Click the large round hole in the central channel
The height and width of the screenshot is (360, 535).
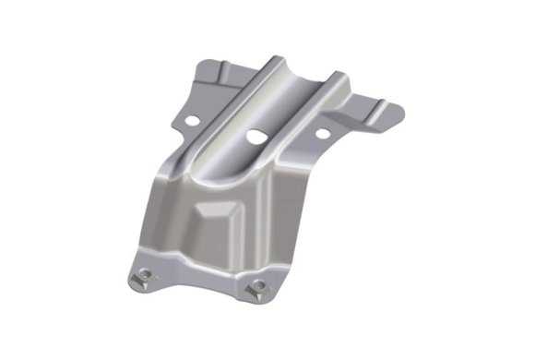tap(255, 137)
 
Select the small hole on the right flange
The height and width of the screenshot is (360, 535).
tap(322, 133)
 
